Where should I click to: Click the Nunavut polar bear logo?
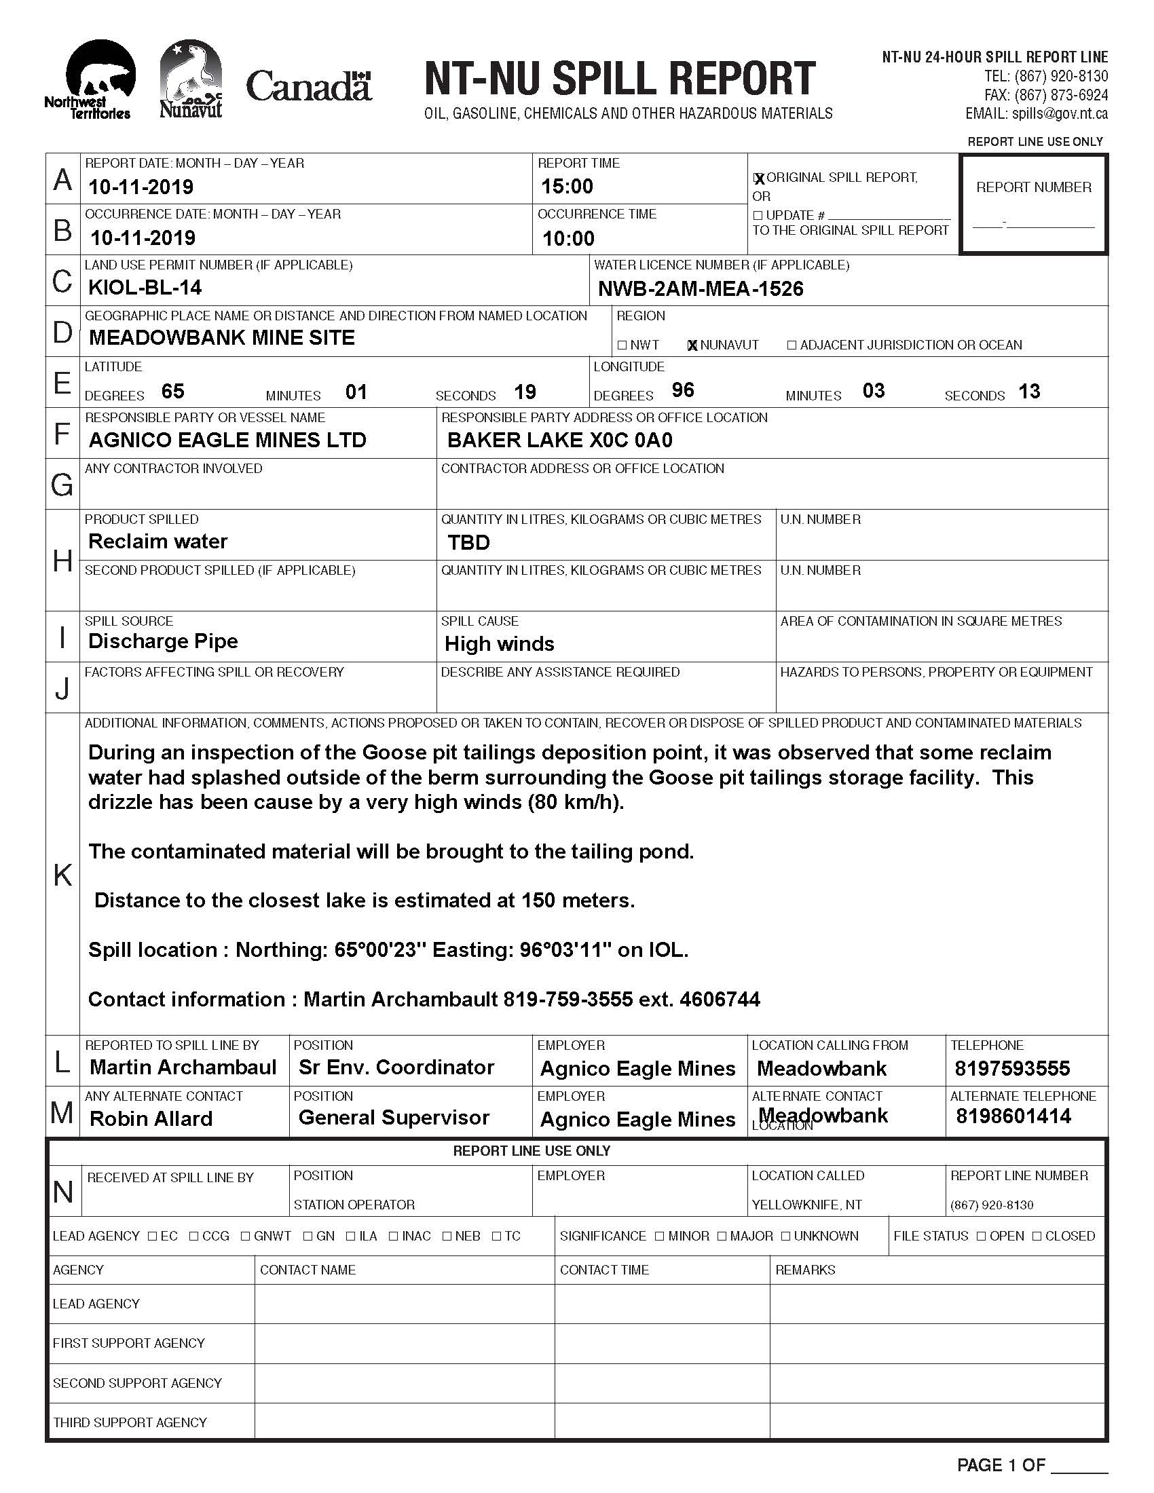191,79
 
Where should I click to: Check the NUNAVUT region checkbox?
692,345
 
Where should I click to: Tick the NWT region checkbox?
621,345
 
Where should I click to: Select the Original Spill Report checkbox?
758,178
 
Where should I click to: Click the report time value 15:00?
567,187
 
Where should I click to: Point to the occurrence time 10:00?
568,239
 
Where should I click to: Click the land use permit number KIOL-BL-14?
145,288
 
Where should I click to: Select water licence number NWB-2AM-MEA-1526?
701,289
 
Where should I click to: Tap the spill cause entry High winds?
499,644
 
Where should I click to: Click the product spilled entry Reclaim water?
158,542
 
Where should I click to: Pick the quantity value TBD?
468,543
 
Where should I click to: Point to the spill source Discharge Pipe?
163,641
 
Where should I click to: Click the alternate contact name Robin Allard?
151,1119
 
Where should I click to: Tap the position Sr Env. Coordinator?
396,1067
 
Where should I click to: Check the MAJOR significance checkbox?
722,1236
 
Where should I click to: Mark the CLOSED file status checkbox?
1037,1236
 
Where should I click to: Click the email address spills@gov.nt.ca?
1060,114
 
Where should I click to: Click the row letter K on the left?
62,875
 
